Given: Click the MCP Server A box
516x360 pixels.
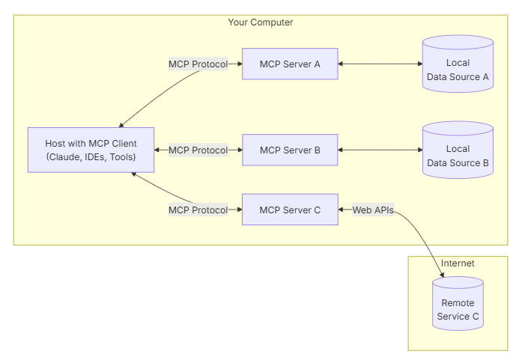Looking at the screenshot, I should click(x=290, y=64).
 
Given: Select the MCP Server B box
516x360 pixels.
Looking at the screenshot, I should click(x=290, y=150).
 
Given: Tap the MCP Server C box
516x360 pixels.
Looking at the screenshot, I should click(x=290, y=210).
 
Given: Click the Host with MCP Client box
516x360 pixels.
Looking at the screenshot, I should click(x=91, y=150).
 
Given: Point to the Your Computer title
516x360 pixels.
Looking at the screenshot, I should click(x=261, y=22).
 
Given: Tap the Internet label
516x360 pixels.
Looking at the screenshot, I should click(x=458, y=263).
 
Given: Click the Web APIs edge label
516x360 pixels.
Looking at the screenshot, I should click(x=373, y=210).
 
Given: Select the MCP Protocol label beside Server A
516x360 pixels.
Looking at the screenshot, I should click(x=198, y=64).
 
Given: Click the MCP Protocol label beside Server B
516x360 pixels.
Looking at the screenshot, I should click(x=198, y=150).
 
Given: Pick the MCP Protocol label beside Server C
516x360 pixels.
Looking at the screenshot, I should click(x=198, y=210).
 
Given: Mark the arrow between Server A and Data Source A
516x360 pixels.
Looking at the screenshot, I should click(x=380, y=64).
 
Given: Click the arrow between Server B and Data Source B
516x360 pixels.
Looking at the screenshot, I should click(x=380, y=150).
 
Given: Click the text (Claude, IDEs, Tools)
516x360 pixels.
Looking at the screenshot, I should click(x=91, y=157).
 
